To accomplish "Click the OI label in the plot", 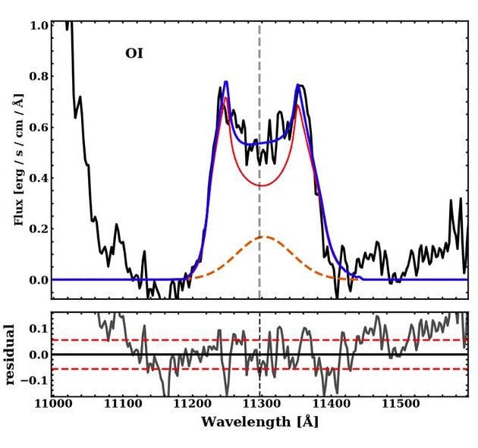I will pyautogui.click(x=134, y=54).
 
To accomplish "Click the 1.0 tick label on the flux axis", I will pyautogui.click(x=38, y=26).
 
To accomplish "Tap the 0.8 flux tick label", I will pyautogui.click(x=38, y=77).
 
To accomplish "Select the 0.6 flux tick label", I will pyautogui.click(x=38, y=128).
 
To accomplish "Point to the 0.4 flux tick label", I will pyautogui.click(x=38, y=178).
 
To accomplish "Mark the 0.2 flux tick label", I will pyautogui.click(x=38, y=229).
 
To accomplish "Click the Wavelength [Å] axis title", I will pyautogui.click(x=259, y=422).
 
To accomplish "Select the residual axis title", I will pyautogui.click(x=10, y=355).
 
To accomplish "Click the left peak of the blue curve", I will pyautogui.click(x=226, y=82).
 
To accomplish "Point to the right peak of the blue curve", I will pyautogui.click(x=298, y=86).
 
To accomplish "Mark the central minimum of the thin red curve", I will pyautogui.click(x=261, y=185).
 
